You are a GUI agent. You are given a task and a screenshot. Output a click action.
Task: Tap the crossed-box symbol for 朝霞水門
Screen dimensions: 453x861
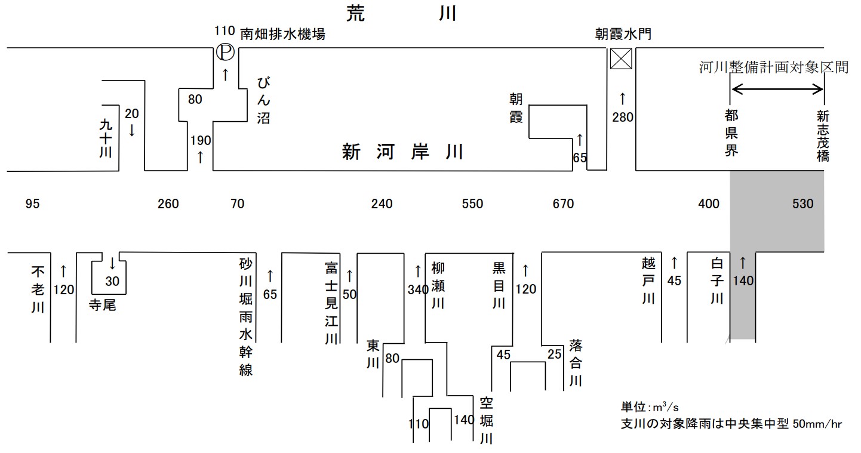coord(621,59)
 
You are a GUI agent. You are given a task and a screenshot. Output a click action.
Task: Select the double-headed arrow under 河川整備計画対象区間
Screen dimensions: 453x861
coord(777,90)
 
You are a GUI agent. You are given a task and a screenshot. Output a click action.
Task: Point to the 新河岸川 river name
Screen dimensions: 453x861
coord(402,152)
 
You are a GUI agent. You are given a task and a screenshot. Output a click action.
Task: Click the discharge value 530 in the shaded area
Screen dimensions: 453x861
coord(802,204)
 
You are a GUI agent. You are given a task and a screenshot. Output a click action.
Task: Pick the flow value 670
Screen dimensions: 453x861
coord(563,204)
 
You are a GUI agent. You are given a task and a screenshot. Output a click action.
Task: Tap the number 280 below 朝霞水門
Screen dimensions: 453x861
coord(623,118)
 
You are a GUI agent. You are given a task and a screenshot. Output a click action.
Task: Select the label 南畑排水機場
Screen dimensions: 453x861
coord(282,34)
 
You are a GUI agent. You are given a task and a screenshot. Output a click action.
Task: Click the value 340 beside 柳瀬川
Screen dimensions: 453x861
coord(418,290)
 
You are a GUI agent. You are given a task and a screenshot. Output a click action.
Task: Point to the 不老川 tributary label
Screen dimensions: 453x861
coord(38,290)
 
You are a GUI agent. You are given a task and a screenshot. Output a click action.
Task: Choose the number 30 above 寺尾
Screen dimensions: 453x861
coord(112,281)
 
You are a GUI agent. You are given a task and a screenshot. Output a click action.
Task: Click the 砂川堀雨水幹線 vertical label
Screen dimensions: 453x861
coord(246,317)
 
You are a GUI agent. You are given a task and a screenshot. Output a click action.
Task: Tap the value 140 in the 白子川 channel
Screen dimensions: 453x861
coord(743,281)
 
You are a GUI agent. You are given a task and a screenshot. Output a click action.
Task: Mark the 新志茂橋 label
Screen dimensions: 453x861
coord(823,135)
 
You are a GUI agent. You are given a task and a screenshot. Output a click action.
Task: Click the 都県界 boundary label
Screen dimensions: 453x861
coord(731,132)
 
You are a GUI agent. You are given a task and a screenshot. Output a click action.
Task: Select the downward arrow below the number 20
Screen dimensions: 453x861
coord(131,130)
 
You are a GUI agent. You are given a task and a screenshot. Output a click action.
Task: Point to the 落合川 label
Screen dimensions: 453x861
coord(575,362)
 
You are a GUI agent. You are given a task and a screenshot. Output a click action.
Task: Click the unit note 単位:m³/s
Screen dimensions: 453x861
coord(650,407)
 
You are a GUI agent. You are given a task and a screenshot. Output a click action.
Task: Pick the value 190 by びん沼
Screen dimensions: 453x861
coord(200,141)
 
